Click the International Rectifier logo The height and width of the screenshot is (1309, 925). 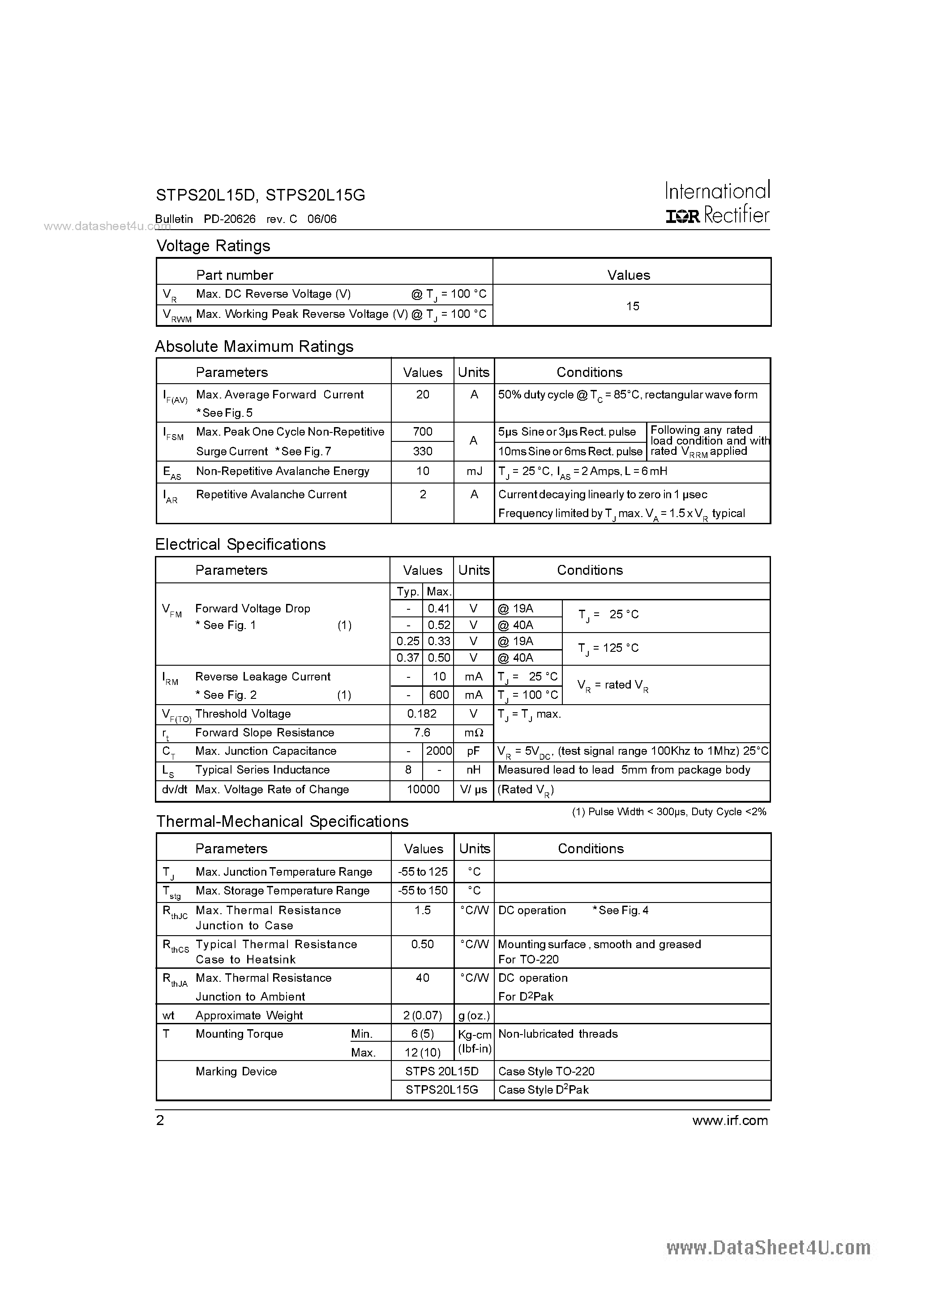[x=717, y=203]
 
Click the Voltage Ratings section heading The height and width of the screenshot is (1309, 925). [x=213, y=246]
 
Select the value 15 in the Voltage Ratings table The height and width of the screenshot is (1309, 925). [x=633, y=306]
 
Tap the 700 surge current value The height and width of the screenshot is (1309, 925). [x=423, y=432]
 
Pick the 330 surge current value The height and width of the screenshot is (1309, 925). [x=423, y=451]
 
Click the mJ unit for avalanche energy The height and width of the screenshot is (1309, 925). [x=473, y=471]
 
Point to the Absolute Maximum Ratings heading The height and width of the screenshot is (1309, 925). [x=254, y=346]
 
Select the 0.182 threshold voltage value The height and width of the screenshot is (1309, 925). [x=422, y=714]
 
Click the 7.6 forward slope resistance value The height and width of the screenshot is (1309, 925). [x=422, y=732]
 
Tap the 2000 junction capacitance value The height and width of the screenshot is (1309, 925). [x=439, y=751]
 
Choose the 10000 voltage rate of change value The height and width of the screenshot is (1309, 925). [x=423, y=790]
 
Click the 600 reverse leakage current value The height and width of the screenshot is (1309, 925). [x=439, y=695]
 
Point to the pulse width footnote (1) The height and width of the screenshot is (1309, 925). [x=669, y=812]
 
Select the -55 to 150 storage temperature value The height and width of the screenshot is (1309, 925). [x=423, y=890]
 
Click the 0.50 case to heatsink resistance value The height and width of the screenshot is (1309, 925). [x=423, y=944]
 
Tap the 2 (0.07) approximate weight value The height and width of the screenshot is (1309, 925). [x=423, y=1015]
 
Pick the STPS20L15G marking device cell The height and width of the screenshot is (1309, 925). [x=441, y=1090]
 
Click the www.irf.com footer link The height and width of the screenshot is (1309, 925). [x=730, y=1120]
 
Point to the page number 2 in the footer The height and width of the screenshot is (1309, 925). [x=160, y=1120]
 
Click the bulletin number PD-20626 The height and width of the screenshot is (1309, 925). [x=230, y=219]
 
